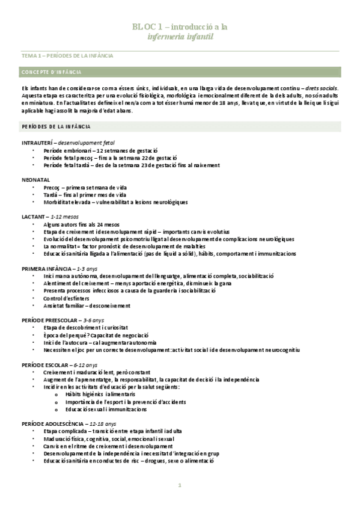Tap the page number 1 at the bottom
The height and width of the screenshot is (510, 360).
coord(180,485)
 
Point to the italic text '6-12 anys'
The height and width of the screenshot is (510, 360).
coord(85,364)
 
